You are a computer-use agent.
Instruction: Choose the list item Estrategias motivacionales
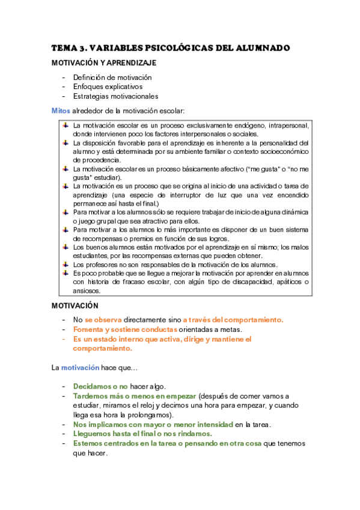click(x=115, y=96)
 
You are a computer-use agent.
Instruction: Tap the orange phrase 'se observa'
click(x=103, y=320)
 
